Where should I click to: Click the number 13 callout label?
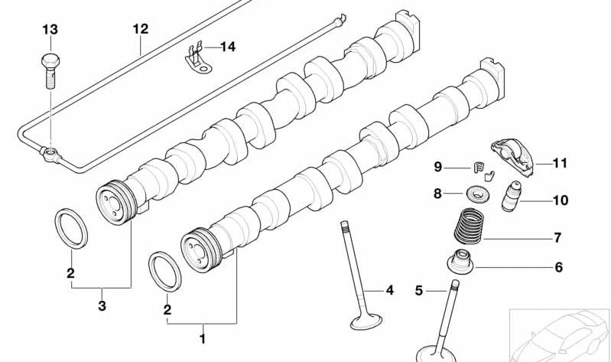coord(50,29)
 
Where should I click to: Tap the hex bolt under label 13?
coord(50,70)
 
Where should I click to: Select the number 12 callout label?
coord(140,29)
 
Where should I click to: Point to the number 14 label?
coord(228,47)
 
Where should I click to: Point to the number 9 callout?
coord(438,167)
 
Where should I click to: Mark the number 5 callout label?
coord(418,290)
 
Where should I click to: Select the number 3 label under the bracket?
coord(102,306)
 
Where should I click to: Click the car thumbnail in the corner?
coord(560,334)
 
